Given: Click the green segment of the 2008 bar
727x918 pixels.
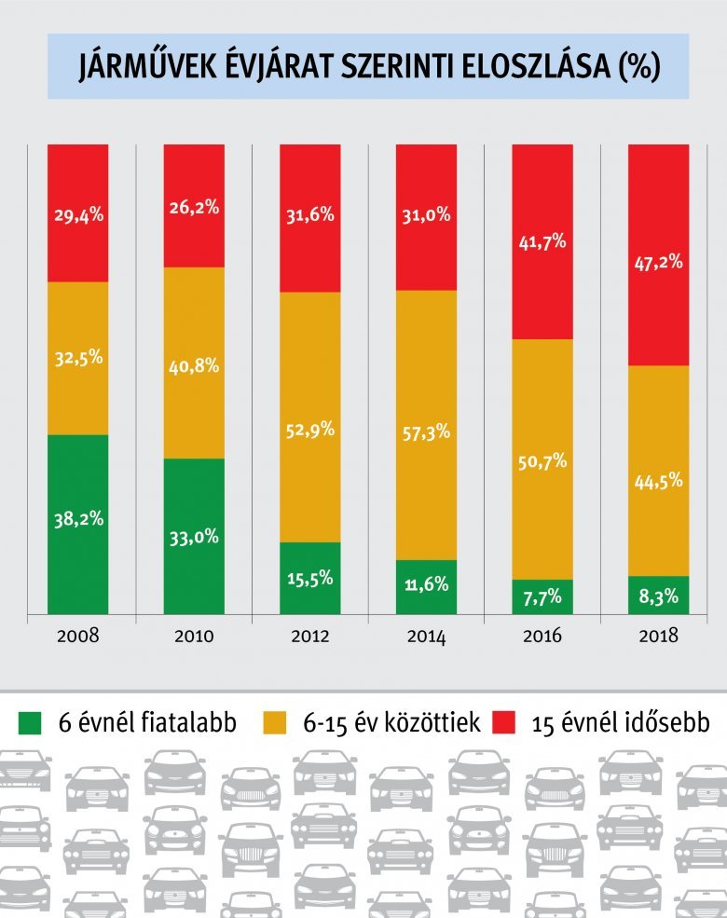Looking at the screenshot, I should pyautogui.click(x=78, y=524).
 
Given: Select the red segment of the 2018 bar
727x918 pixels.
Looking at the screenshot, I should pyautogui.click(x=659, y=254).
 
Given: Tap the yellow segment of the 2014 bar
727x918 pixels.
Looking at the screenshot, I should pyautogui.click(x=426, y=424).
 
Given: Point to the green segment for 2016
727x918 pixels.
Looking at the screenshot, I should pyautogui.click(x=542, y=596).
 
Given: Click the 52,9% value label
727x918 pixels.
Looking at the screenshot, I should pyautogui.click(x=310, y=430).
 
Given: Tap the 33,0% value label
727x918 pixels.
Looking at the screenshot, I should pyautogui.click(x=194, y=536).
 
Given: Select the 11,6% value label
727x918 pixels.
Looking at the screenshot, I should pyautogui.click(x=426, y=585).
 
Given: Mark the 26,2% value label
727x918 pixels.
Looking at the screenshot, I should pyautogui.click(x=194, y=208).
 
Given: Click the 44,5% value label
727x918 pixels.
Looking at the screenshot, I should pyautogui.click(x=659, y=481).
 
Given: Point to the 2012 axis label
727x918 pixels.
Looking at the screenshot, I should pyautogui.click(x=310, y=637).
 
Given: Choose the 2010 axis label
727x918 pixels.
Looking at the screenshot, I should pyautogui.click(x=194, y=637).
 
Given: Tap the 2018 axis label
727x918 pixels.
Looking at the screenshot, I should pyautogui.click(x=659, y=637).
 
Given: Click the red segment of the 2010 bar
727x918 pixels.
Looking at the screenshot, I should pyautogui.click(x=194, y=205).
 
